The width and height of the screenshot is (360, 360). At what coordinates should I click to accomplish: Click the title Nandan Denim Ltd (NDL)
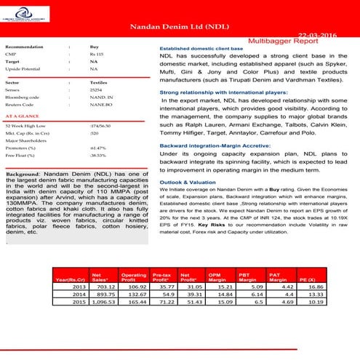coord(180,27)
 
